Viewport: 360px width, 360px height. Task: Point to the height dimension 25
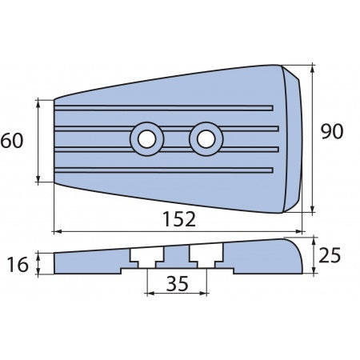(x=330, y=255)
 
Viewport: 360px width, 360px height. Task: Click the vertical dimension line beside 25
(x=312, y=255)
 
